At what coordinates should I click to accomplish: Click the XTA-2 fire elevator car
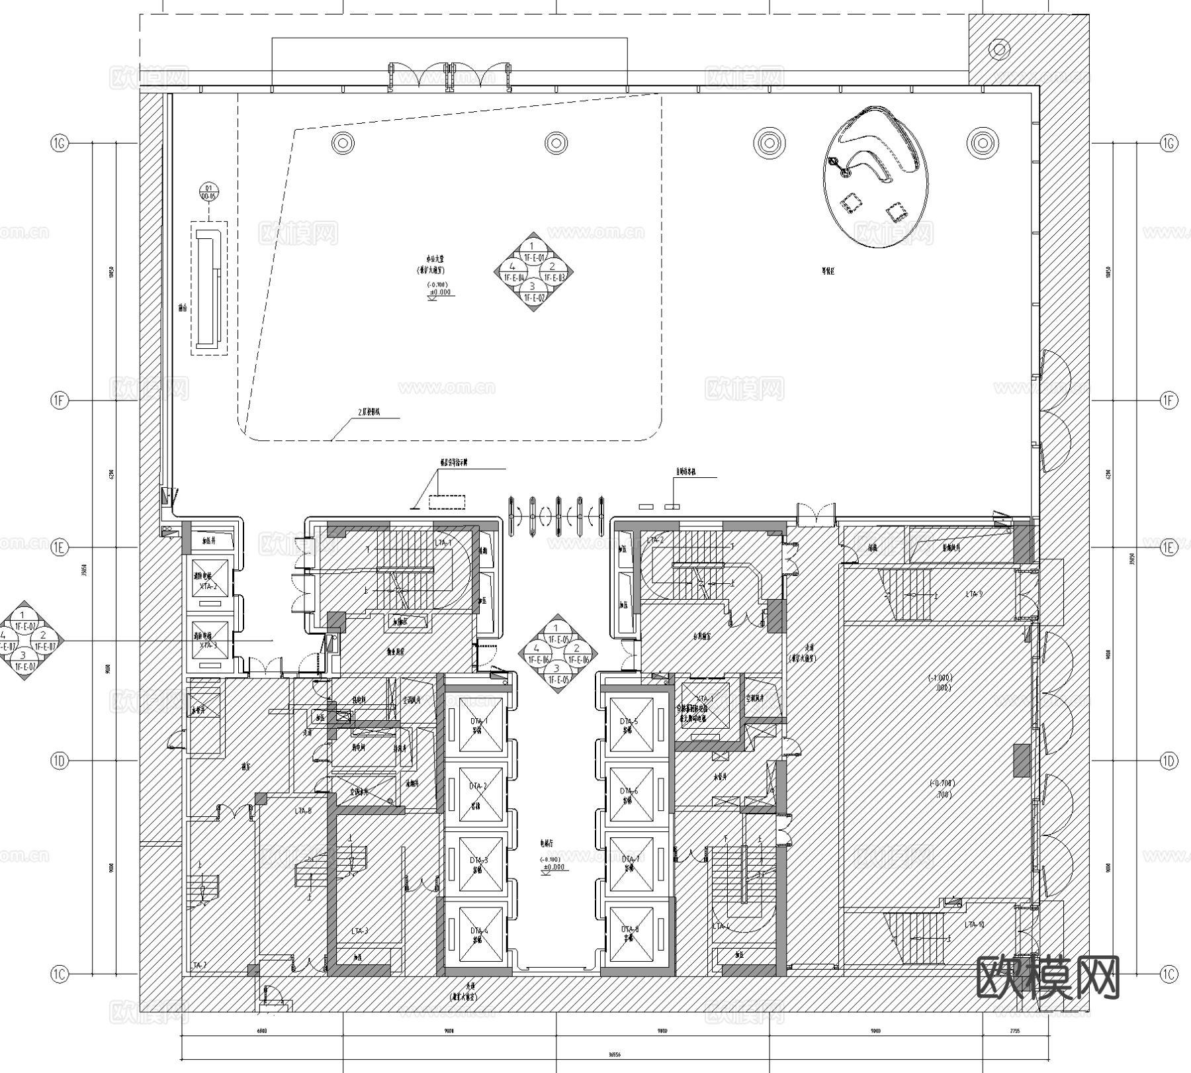pos(208,581)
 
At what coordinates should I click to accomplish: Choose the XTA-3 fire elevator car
pos(208,640)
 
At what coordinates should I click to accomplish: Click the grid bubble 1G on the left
pos(60,143)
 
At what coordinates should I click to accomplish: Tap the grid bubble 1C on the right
pos(1169,974)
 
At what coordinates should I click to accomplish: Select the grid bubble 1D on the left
pos(60,761)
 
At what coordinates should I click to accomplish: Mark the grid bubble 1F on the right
pos(1169,400)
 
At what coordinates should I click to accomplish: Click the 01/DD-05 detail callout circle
pos(209,193)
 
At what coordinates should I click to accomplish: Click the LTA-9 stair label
pos(973,594)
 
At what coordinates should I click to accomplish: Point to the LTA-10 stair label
pos(975,924)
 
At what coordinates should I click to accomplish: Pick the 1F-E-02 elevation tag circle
pos(533,292)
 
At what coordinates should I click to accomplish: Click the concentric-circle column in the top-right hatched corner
pos(999,49)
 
